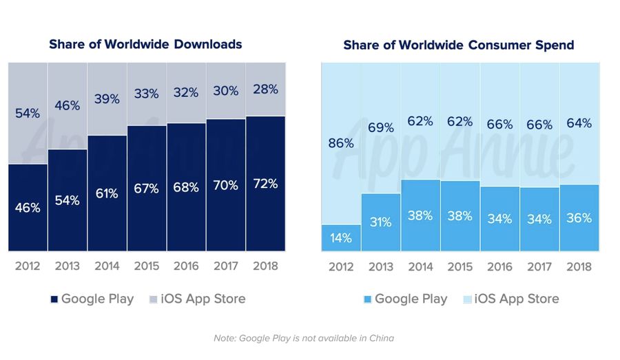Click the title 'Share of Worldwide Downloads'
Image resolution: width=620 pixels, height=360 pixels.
145,44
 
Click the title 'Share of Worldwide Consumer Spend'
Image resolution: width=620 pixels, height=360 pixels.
458,45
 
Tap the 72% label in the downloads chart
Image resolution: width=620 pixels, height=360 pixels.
265,184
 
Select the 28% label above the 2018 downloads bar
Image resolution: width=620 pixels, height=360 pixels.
265,89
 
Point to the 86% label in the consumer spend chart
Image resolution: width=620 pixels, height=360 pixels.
341,143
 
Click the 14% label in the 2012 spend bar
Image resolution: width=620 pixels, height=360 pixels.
341,238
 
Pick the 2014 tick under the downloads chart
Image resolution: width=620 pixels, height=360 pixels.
107,266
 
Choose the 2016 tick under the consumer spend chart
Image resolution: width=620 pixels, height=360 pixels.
499,266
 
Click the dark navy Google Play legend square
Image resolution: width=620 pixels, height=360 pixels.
54,299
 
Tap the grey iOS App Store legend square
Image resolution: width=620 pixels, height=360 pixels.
154,299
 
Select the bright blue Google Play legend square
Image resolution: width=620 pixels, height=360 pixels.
369,299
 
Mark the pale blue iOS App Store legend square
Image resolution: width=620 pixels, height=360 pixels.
468,299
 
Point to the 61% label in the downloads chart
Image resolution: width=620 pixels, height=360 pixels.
107,193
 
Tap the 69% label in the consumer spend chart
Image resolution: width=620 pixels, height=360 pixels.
380,127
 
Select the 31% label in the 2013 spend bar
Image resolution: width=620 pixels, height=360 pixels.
380,222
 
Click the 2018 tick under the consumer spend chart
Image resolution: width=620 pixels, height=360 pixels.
579,266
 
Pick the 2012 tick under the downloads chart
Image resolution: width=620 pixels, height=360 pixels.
28,266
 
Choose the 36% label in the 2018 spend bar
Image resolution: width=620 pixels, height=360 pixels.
579,218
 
